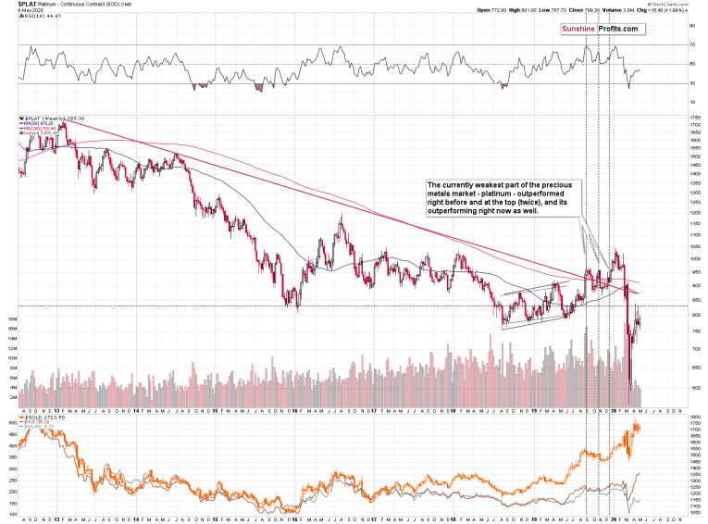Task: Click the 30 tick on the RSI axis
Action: click(x=691, y=83)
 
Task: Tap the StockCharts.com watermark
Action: click(x=680, y=5)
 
